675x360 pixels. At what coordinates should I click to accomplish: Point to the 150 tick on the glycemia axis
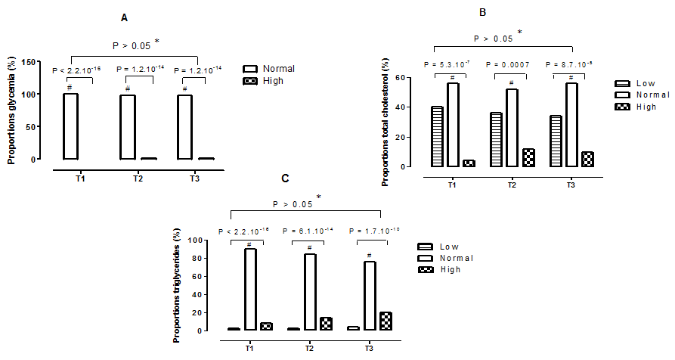32,61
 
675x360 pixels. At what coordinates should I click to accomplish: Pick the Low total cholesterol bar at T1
437,136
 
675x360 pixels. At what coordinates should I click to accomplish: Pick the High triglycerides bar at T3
386,321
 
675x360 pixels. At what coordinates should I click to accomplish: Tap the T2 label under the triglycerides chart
311,346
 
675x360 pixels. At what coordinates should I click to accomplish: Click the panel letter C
285,178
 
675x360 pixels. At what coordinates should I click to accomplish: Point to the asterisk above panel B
519,33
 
